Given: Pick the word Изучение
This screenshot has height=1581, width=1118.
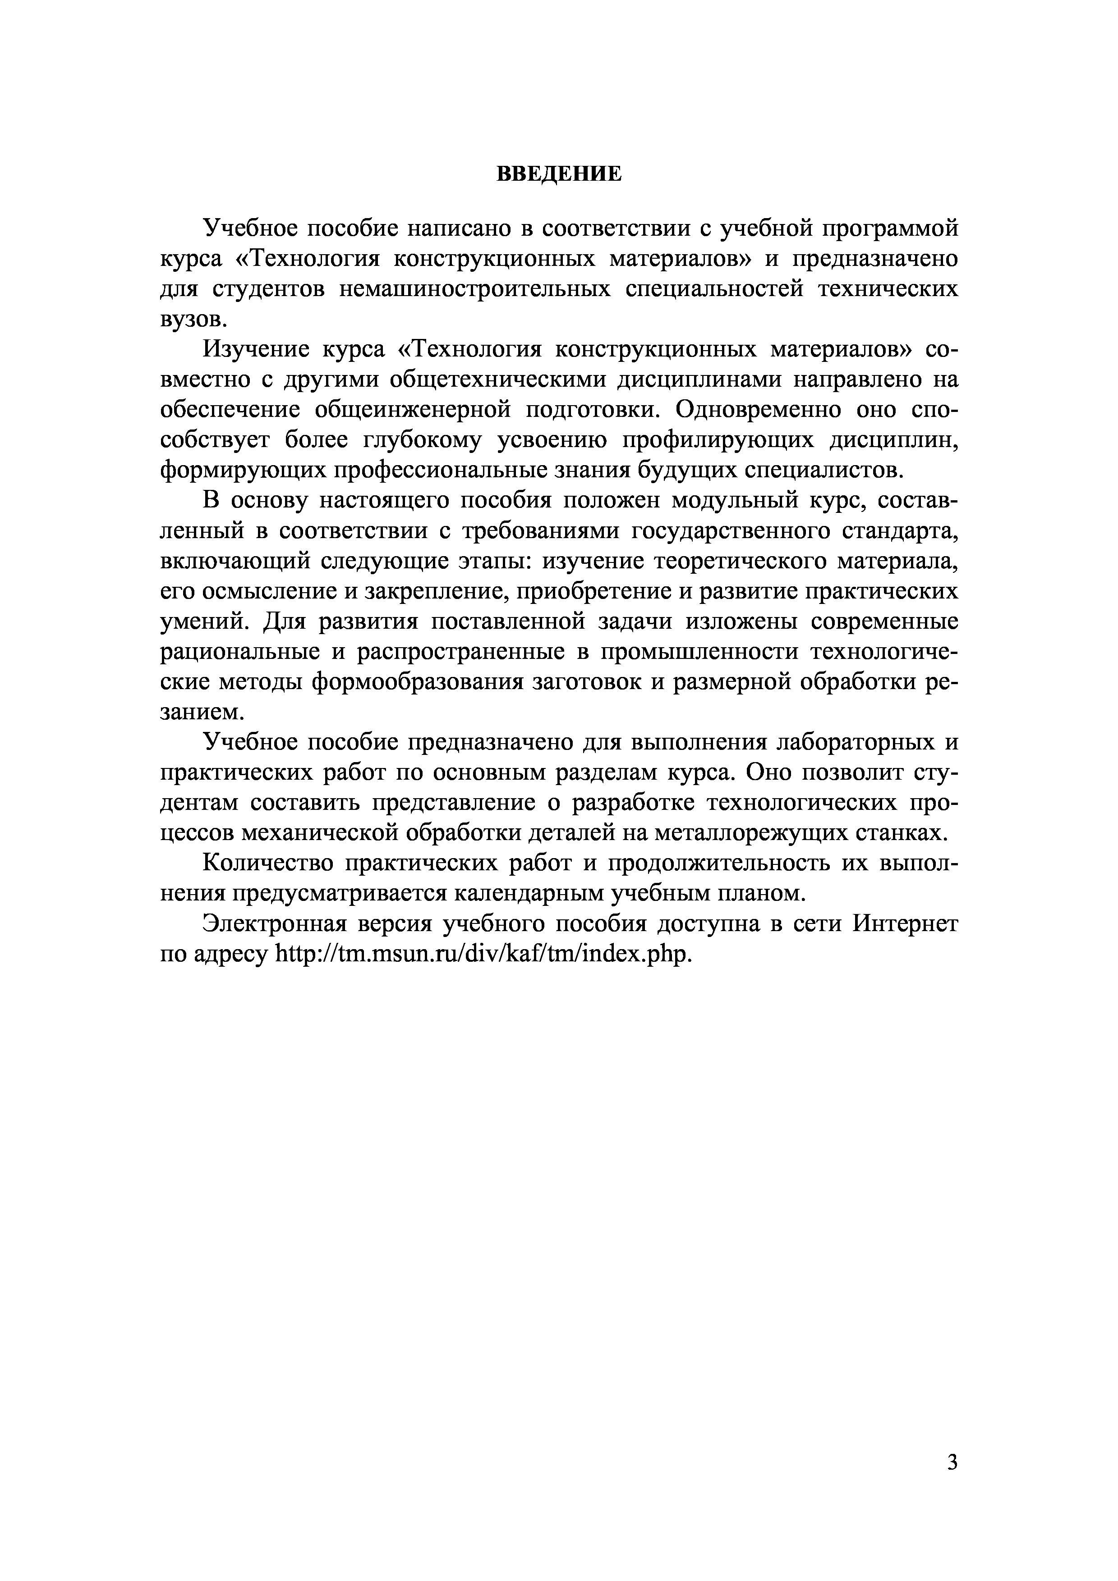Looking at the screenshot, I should (256, 350).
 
